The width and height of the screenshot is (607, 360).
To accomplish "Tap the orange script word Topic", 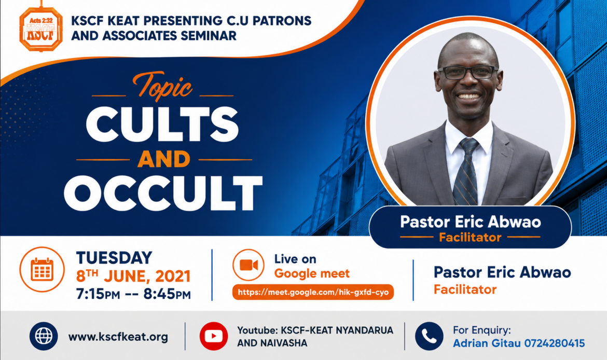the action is tap(162, 85).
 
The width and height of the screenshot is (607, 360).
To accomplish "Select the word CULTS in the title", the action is tap(162, 124).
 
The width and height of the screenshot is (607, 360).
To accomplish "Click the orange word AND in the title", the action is tap(164, 159).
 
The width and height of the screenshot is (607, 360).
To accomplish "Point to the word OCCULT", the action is tap(163, 193).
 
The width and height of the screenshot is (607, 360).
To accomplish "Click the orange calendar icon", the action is tap(42, 269).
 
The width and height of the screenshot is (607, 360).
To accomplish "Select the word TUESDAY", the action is tap(114, 258).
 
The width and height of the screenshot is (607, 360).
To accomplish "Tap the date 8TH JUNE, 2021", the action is tap(133, 276).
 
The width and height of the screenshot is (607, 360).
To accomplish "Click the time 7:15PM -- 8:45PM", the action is tap(133, 294).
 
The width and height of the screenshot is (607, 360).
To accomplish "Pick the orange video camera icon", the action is tap(249, 265).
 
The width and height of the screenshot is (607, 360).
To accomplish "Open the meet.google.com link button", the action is tap(313, 292).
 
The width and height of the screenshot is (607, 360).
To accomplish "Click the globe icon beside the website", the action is tap(44, 336).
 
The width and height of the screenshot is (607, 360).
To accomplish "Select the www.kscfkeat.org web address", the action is tap(118, 337).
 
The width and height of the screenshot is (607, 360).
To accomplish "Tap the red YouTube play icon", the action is tap(214, 336).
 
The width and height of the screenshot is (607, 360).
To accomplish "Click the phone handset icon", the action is tap(429, 336).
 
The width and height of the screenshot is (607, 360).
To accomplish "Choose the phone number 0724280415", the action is tap(555, 343).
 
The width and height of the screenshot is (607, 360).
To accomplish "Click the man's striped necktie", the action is tap(466, 172).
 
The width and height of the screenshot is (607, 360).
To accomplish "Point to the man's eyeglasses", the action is tap(467, 72).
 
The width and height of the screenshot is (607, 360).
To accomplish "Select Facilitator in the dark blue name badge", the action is tap(470, 237).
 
